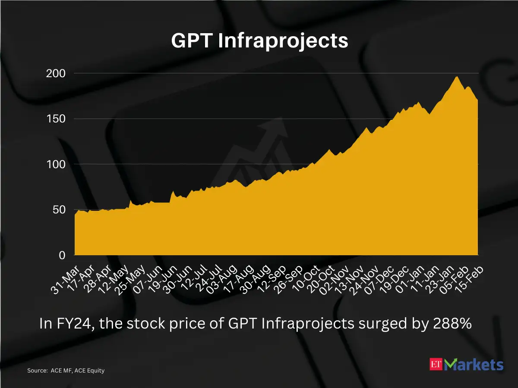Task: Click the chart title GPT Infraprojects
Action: pos(259,41)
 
